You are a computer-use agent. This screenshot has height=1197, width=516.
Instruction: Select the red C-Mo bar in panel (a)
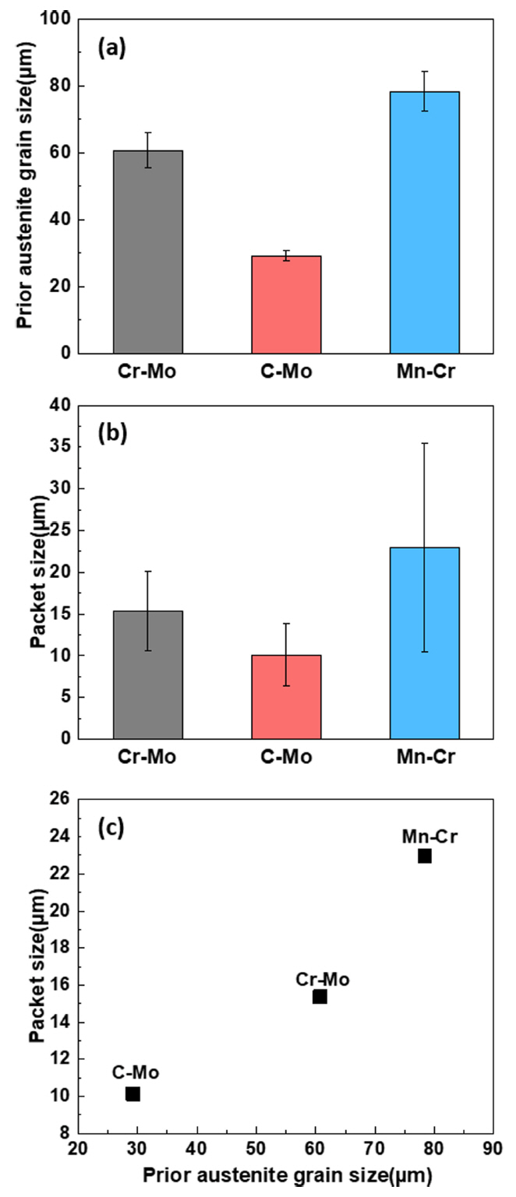pyautogui.click(x=286, y=305)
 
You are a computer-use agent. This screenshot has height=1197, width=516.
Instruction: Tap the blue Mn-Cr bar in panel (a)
pyautogui.click(x=424, y=222)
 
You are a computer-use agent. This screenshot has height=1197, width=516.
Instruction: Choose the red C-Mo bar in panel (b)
pyautogui.click(x=286, y=696)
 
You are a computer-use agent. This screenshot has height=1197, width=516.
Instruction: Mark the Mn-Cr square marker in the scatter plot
pyautogui.click(x=425, y=856)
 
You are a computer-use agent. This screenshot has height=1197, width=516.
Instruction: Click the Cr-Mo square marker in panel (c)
pyautogui.click(x=320, y=997)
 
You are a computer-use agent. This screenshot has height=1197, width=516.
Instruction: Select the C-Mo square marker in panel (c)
pyautogui.click(x=133, y=1094)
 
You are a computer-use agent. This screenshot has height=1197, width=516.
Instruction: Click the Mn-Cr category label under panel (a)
pyautogui.click(x=424, y=371)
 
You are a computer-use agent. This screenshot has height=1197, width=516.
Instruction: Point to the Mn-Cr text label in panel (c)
pyautogui.click(x=429, y=838)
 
